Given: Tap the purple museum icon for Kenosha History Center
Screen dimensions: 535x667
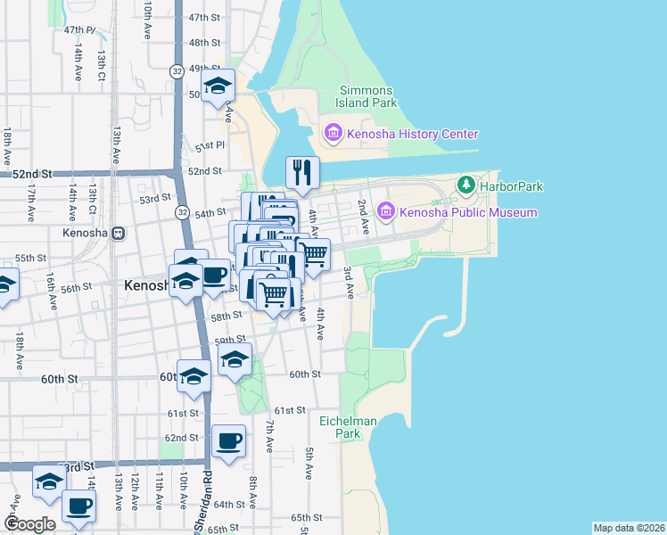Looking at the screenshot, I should click(x=333, y=135).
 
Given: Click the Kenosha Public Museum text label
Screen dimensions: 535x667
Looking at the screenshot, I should click(x=468, y=212).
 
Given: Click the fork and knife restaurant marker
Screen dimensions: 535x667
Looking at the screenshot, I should click(x=302, y=171).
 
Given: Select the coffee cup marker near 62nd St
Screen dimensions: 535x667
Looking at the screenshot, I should click(x=229, y=440).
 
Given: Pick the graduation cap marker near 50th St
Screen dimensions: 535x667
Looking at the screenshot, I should click(x=217, y=86).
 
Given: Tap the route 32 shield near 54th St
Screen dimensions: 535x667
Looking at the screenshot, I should click(x=182, y=212).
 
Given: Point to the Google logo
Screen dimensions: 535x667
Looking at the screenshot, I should click(x=29, y=524).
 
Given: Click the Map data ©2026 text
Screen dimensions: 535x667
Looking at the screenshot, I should click(x=629, y=528).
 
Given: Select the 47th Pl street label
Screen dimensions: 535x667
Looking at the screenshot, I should click(x=79, y=29).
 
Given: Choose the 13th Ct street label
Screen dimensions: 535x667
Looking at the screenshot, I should click(x=102, y=63).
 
